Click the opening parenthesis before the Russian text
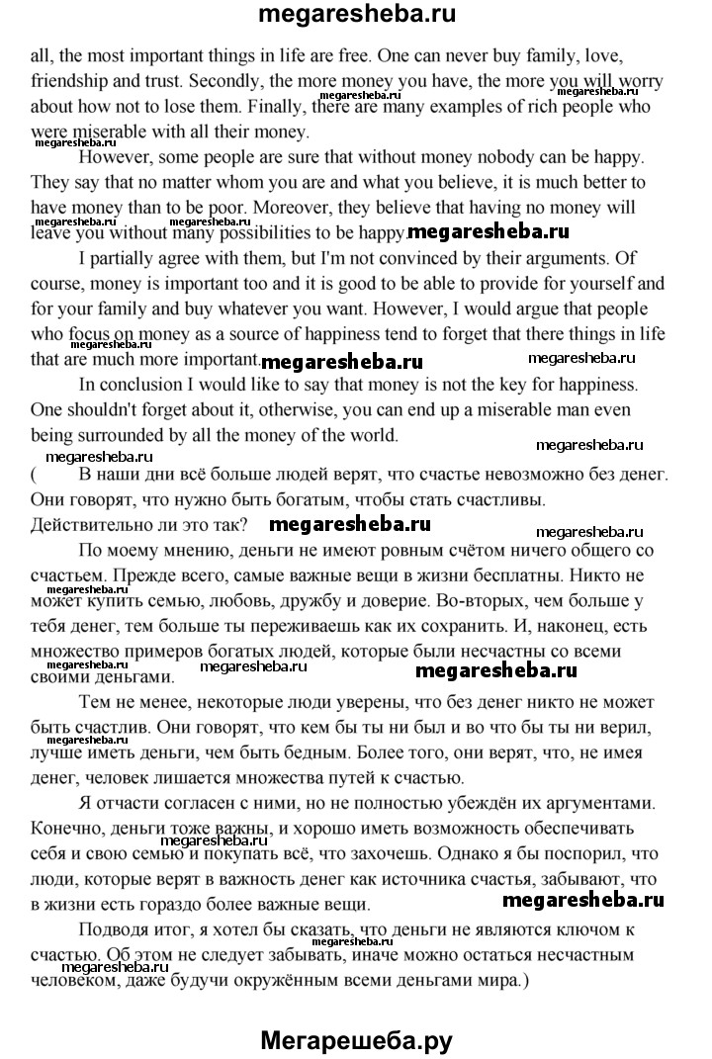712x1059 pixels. click(35, 473)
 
